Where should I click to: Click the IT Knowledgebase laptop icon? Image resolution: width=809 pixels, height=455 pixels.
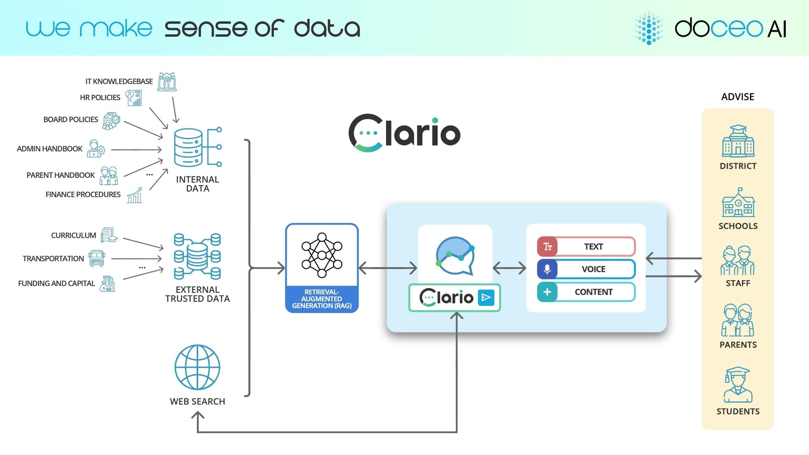tap(167, 82)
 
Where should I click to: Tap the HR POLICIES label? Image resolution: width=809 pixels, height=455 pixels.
tap(100, 98)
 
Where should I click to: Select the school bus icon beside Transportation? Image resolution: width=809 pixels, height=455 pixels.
tap(97, 258)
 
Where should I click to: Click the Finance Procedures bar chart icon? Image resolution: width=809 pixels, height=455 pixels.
tap(135, 195)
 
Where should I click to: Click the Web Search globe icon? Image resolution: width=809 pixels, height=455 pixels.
tap(197, 367)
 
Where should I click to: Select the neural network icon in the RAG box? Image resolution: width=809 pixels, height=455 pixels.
tap(322, 255)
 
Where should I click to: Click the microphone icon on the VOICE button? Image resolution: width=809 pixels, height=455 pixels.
tap(547, 269)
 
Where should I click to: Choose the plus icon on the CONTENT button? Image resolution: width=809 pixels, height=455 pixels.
tap(547, 292)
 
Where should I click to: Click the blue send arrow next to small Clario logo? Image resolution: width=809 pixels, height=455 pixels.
tap(486, 298)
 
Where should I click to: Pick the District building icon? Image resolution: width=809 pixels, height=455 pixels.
tap(738, 141)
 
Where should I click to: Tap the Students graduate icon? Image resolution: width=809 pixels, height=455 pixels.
tap(738, 385)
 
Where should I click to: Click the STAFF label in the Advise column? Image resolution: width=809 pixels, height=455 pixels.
tap(738, 284)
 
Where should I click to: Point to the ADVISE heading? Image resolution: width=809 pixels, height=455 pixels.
tap(738, 97)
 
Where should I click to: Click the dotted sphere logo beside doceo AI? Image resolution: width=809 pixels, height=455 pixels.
tap(649, 28)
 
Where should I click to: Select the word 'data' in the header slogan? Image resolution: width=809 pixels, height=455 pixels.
tap(327, 28)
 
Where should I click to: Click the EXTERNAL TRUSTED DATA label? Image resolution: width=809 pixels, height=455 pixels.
tap(197, 294)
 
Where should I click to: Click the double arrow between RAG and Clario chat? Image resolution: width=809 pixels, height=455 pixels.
tap(388, 268)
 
